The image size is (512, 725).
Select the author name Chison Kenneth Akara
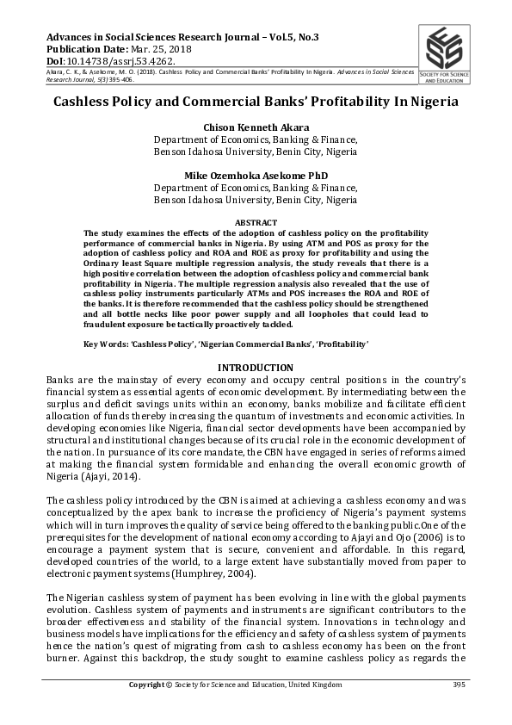pos(255,127)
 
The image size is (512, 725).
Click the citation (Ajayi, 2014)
pos(108,477)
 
